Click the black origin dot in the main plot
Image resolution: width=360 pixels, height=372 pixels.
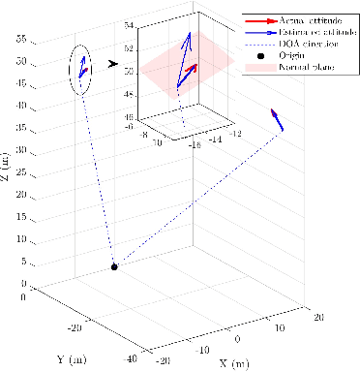pyautogui.click(x=114, y=266)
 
